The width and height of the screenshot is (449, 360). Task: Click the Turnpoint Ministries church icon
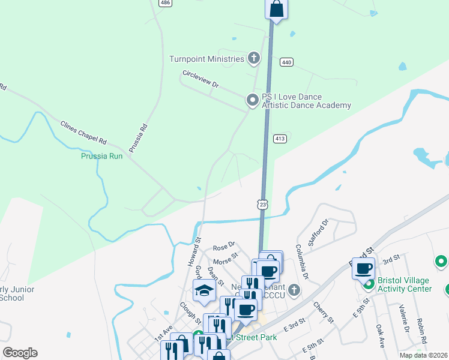point(254,59)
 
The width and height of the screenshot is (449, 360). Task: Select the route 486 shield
point(165,3)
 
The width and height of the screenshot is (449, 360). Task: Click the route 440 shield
point(286,62)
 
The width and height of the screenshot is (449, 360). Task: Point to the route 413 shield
point(280,139)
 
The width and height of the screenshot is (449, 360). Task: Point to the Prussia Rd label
point(138,137)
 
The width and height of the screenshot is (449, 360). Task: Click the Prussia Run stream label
point(102,156)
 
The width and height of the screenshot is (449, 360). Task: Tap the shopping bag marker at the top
point(276,8)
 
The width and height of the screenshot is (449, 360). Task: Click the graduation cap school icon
point(204,292)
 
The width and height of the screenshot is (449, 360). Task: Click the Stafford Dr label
point(319,233)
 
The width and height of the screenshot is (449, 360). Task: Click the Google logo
point(19,352)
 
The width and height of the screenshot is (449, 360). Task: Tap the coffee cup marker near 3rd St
point(364,268)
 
